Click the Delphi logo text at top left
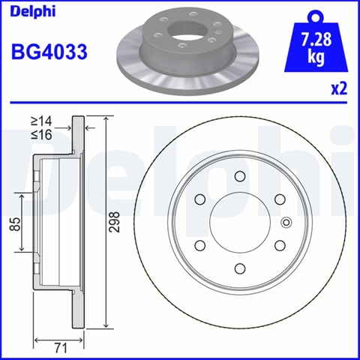pos(33,11)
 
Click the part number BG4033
pos(49,52)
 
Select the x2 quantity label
pos(339,88)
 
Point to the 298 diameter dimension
pos(115,222)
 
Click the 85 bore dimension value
pos(15,224)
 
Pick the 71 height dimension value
pos(61,348)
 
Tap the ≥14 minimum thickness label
pos(41,121)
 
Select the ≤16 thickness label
pos(41,135)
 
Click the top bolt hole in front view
pos(240,176)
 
